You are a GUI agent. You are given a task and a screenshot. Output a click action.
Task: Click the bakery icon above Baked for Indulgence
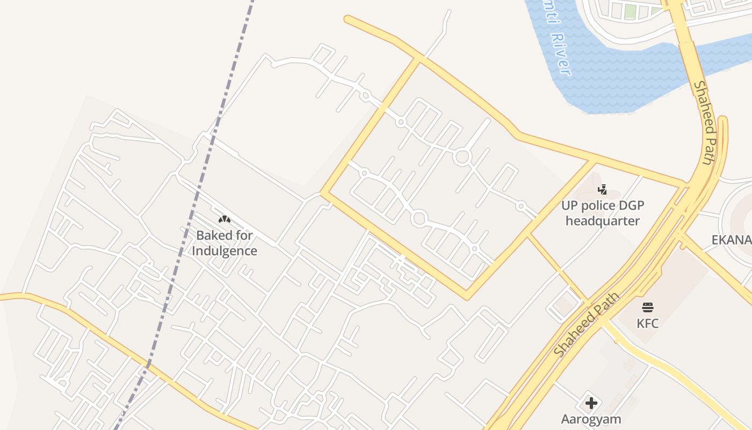[224, 219]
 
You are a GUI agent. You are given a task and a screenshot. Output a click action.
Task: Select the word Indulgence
[225, 251]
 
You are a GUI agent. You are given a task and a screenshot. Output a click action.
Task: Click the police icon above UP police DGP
[602, 189]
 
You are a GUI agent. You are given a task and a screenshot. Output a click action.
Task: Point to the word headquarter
[602, 221]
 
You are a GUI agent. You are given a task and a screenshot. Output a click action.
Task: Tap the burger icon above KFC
[648, 307]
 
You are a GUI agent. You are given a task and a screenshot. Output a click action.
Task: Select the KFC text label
[648, 324]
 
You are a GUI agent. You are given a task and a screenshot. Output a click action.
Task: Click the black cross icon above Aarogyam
[591, 403]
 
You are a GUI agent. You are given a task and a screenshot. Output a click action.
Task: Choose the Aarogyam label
[591, 419]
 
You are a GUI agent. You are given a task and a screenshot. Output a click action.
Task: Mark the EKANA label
[731, 240]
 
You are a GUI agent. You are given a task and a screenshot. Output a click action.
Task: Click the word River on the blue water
[561, 54]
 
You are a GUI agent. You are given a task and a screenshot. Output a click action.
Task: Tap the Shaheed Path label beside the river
[705, 123]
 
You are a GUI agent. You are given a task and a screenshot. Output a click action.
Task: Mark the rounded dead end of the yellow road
[348, 19]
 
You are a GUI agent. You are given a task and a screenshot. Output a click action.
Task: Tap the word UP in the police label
[568, 205]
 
